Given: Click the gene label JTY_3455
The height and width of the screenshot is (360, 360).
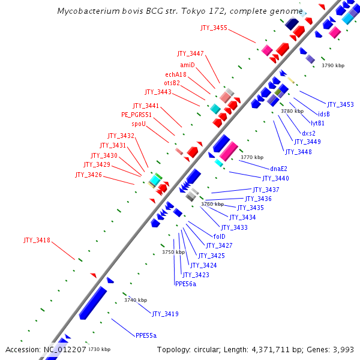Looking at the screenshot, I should (x=214, y=28).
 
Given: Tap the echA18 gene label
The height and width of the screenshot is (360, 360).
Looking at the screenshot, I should (x=176, y=74).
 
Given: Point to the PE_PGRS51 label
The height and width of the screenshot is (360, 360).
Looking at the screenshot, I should (x=136, y=115).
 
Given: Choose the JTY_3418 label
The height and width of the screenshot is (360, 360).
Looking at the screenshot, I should (x=37, y=241).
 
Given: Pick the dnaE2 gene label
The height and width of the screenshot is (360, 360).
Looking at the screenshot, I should (x=278, y=169).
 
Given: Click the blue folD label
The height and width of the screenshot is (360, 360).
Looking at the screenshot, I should (x=219, y=236).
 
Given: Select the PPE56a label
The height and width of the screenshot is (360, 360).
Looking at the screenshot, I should (x=185, y=284).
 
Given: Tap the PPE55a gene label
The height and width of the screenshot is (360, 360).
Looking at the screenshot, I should (x=146, y=335).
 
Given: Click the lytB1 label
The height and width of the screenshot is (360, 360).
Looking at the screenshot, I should (x=317, y=123).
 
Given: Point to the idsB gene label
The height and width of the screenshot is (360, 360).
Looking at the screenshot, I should (x=324, y=114).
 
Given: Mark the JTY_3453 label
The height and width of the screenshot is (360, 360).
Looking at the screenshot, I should (x=340, y=104).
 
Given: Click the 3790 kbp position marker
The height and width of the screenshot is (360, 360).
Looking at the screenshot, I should (x=333, y=65).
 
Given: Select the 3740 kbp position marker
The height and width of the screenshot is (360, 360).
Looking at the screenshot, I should (x=135, y=300).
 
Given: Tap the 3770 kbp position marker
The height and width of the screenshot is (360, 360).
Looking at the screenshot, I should (x=251, y=157).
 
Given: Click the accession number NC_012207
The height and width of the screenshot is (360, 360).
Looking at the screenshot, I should (x=65, y=349).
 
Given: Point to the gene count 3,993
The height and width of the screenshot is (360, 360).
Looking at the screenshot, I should (x=344, y=349).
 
